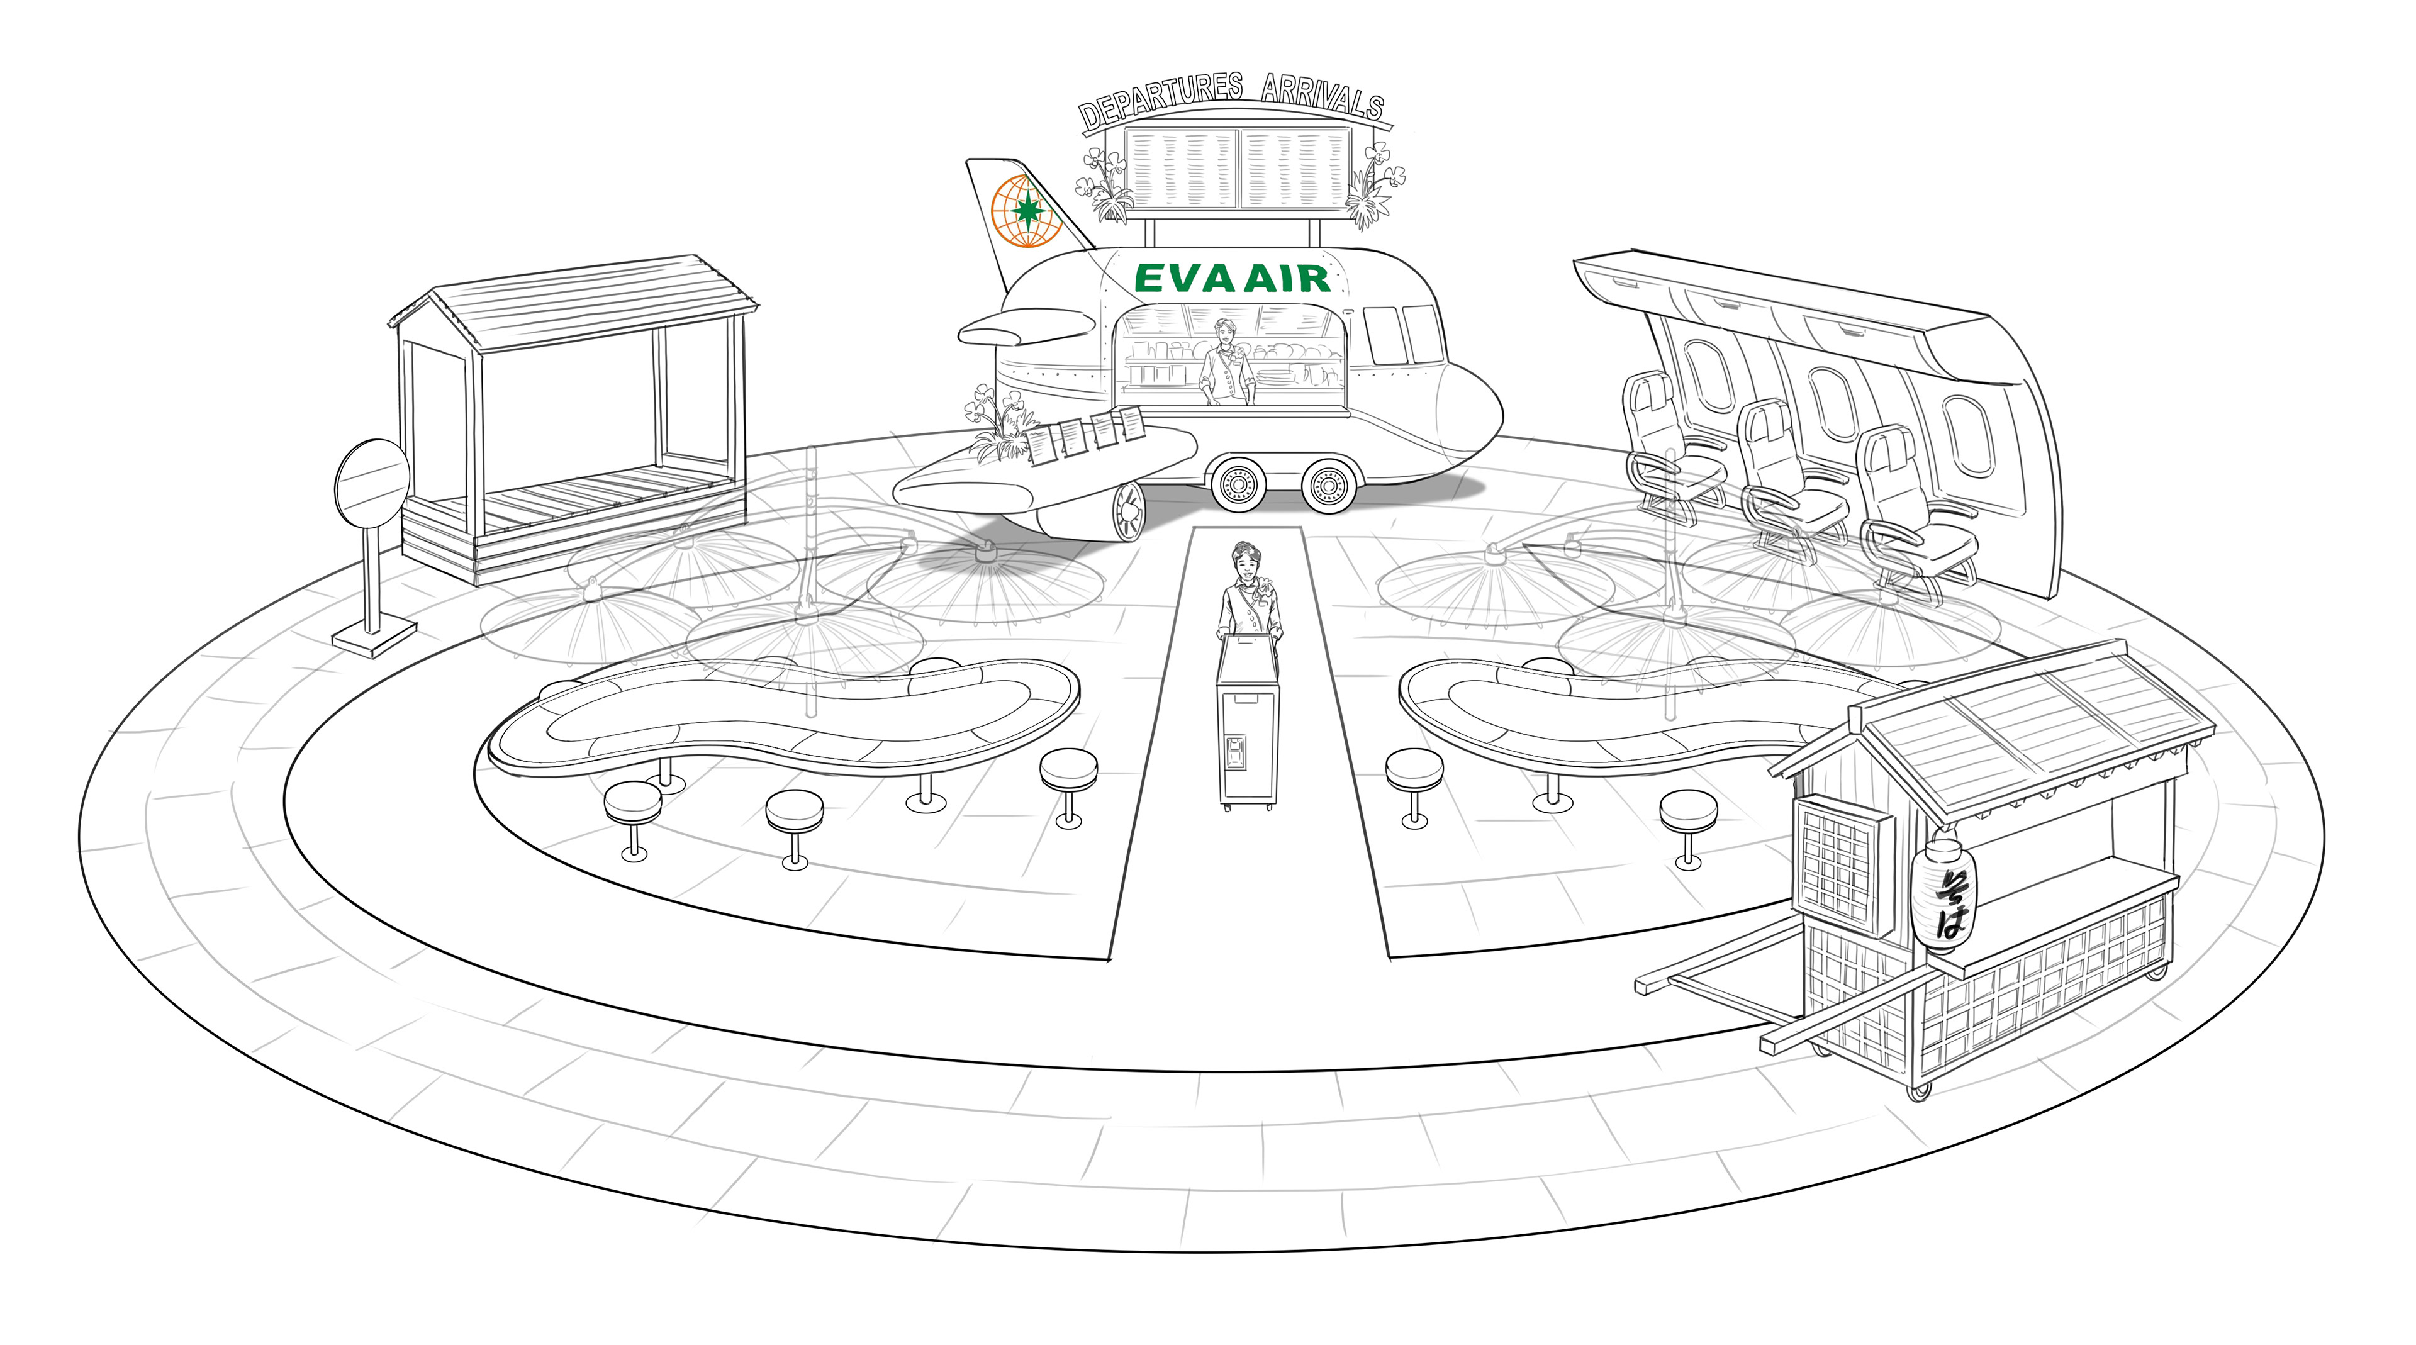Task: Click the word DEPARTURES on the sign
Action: coord(1160,101)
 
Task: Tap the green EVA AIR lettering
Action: coord(1231,279)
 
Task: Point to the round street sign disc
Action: coord(371,486)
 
